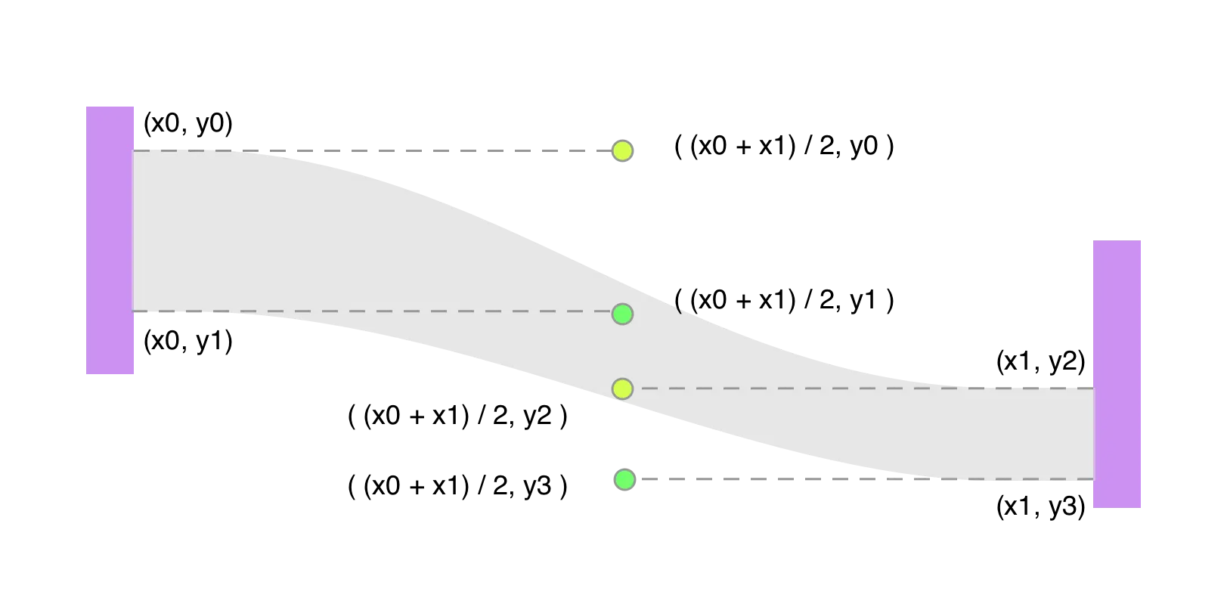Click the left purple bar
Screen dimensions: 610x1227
(x=110, y=239)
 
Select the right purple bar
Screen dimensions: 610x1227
(x=1117, y=373)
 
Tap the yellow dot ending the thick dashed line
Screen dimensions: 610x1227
(x=622, y=151)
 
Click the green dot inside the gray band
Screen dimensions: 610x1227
(x=622, y=314)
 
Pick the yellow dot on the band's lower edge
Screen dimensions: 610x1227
(x=622, y=389)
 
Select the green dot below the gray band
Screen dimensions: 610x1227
(x=624, y=479)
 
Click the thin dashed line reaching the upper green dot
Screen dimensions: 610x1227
(x=378, y=311)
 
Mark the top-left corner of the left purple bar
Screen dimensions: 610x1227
(x=85, y=104)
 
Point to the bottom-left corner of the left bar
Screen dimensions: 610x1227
(x=85, y=373)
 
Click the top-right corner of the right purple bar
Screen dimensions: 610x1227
(x=1142, y=239)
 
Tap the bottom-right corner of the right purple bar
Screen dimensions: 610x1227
(x=1142, y=506)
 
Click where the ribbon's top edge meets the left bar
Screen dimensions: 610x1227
(x=134, y=150)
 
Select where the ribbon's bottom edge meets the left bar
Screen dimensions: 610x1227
(x=134, y=311)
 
